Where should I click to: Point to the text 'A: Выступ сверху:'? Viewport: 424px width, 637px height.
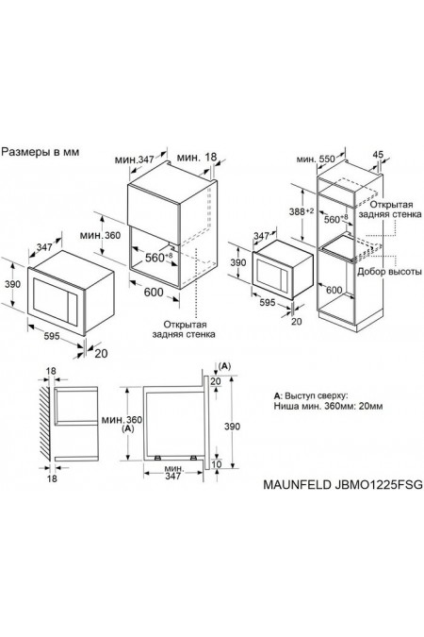pyautogui.click(x=310, y=392)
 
